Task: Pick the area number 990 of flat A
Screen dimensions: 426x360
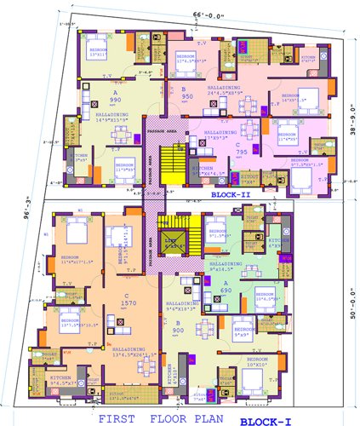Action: click(92, 100)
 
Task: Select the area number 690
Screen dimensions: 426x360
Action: click(226, 291)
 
